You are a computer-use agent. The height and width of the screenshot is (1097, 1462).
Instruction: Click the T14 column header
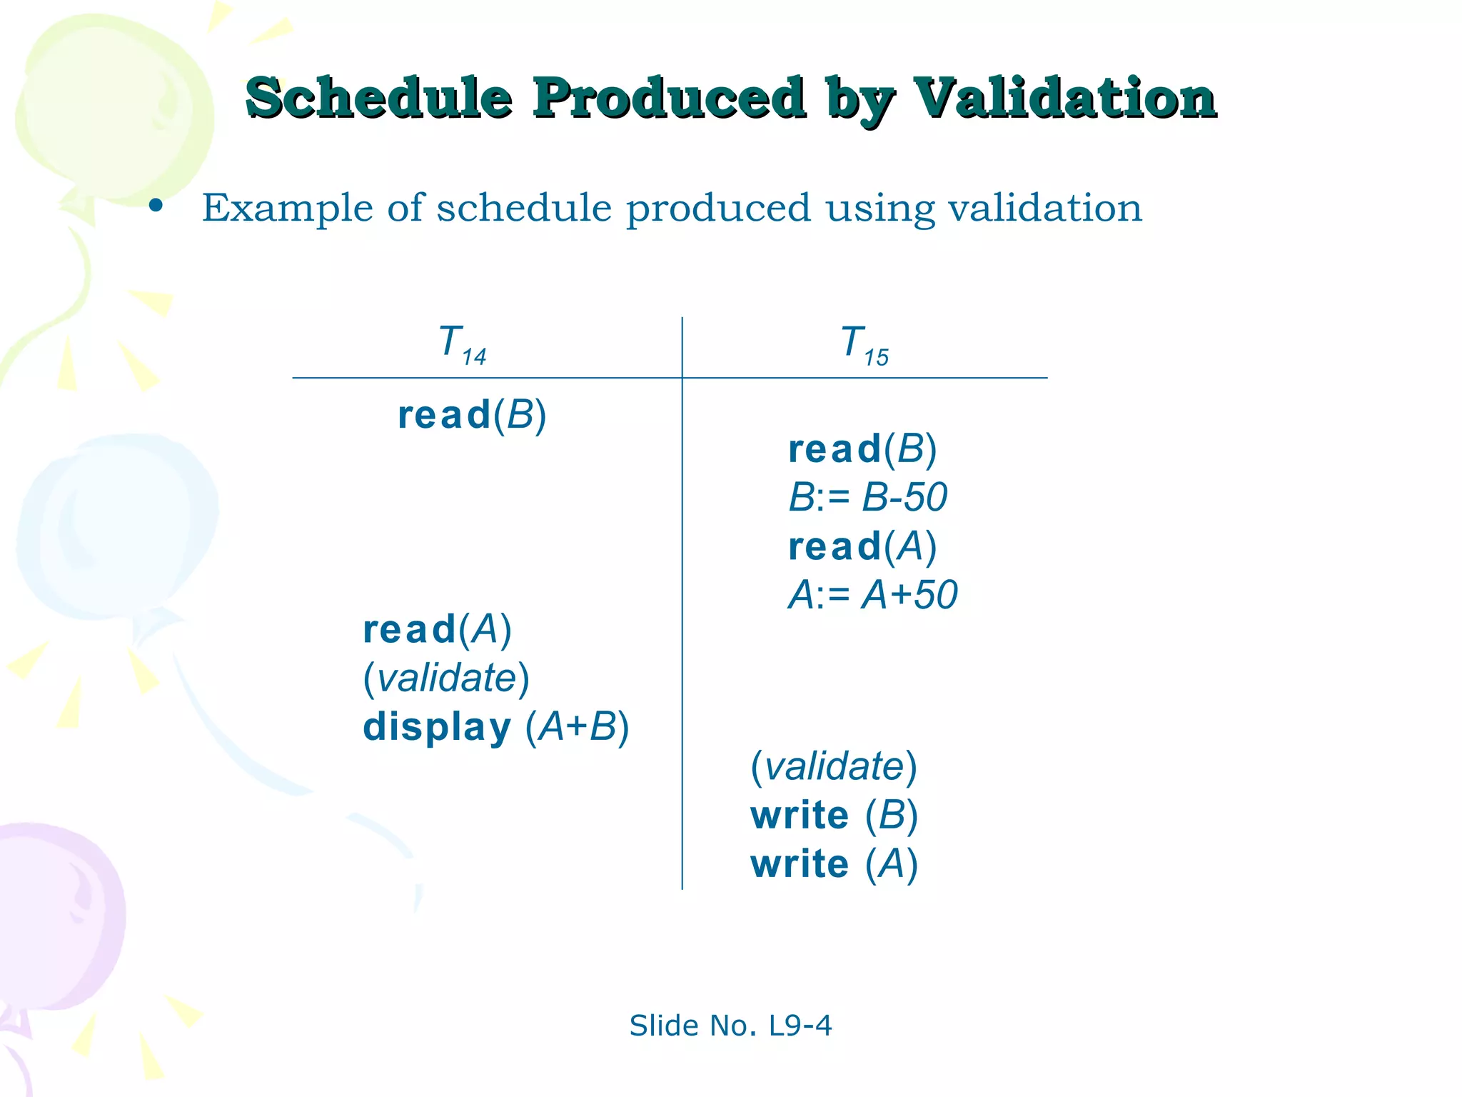(462, 344)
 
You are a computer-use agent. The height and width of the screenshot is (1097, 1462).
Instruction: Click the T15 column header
(864, 344)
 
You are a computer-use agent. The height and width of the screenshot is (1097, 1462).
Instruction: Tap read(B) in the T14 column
(472, 415)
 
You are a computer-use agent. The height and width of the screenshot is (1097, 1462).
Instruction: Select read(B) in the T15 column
(862, 449)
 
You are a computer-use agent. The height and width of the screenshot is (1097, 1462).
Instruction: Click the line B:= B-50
(867, 497)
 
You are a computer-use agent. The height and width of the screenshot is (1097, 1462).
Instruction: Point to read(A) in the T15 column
(862, 546)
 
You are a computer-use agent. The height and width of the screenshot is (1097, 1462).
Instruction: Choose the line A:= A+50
(872, 595)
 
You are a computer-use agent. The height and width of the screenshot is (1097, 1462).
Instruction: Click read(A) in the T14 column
(437, 629)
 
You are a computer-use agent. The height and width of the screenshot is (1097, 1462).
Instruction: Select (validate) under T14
(446, 678)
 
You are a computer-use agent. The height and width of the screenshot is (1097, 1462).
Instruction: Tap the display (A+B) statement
(496, 727)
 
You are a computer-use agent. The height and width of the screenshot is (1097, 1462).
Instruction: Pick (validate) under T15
(834, 766)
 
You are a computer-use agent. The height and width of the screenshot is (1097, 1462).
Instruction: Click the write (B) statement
(834, 815)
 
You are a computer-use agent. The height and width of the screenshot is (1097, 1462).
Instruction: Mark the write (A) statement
(834, 864)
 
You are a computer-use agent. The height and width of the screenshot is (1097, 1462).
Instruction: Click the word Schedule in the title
(378, 98)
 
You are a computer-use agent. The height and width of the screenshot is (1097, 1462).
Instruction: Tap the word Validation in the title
(1065, 98)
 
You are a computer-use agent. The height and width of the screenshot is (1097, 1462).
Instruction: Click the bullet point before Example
(156, 207)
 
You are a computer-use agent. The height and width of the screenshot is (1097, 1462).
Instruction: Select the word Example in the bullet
(287, 209)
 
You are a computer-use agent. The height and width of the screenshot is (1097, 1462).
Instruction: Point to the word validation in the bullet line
(1044, 209)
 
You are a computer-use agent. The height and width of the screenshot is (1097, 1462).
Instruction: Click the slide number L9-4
(800, 1026)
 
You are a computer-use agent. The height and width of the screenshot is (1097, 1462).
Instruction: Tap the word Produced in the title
(669, 98)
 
